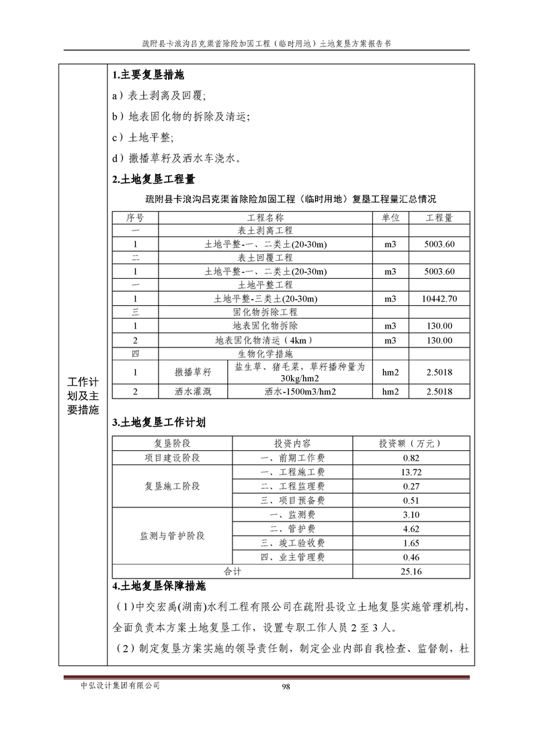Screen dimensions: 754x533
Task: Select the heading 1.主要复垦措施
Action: (147, 75)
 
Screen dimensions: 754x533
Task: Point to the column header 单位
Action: (391, 218)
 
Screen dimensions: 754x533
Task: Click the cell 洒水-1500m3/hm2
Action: (300, 392)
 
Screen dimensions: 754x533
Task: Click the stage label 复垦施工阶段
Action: (172, 486)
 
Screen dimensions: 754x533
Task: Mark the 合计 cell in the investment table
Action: (232, 571)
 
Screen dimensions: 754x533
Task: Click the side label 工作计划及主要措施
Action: (83, 396)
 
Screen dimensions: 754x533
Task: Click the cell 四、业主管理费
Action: (292, 557)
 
